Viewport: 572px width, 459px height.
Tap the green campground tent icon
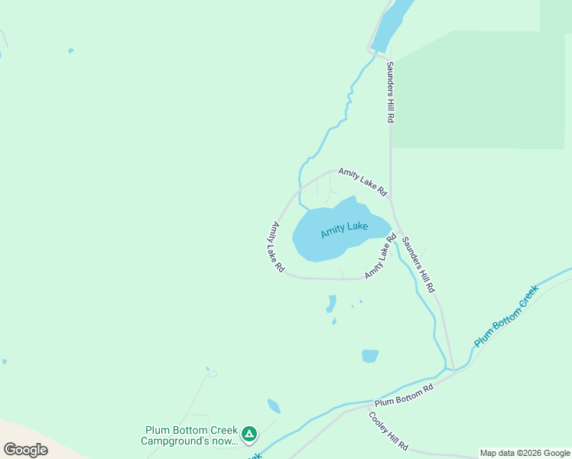pyautogui.click(x=249, y=435)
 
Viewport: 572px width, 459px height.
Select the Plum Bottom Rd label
pyautogui.click(x=404, y=395)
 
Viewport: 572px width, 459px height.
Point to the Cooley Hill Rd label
pyautogui.click(x=388, y=431)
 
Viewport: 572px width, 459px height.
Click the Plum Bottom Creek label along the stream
pyautogui.click(x=505, y=316)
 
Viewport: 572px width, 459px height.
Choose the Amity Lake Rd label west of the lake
pyautogui.click(x=278, y=247)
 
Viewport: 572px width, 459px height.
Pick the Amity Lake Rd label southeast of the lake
pyautogui.click(x=381, y=257)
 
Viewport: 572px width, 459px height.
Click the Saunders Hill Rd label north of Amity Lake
pyautogui.click(x=390, y=93)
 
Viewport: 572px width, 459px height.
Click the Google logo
pyautogui.click(x=26, y=449)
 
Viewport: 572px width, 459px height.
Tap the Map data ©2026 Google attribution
pyautogui.click(x=525, y=453)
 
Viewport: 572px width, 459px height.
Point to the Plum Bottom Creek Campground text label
pyautogui.click(x=189, y=435)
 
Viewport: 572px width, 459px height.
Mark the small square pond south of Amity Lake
pyautogui.click(x=370, y=356)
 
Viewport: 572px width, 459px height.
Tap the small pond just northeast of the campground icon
pyautogui.click(x=274, y=406)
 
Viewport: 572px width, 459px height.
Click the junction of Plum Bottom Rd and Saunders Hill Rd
pyautogui.click(x=453, y=371)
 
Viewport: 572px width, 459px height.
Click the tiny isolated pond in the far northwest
pyautogui.click(x=71, y=50)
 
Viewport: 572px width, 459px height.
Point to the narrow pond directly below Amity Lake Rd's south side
pyautogui.click(x=331, y=303)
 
